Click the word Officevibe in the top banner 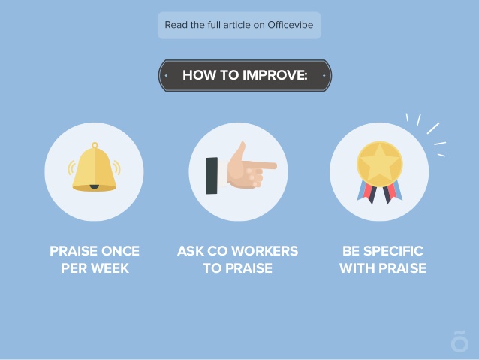pos(291,25)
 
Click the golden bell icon pos(95,167)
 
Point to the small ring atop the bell pos(95,145)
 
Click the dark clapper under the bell pos(95,186)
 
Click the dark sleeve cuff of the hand pos(212,176)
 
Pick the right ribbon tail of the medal pos(392,192)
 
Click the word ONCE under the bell pos(120,251)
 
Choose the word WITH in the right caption pos(357,268)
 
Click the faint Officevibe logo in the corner pos(459,341)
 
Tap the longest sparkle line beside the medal pos(433,129)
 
